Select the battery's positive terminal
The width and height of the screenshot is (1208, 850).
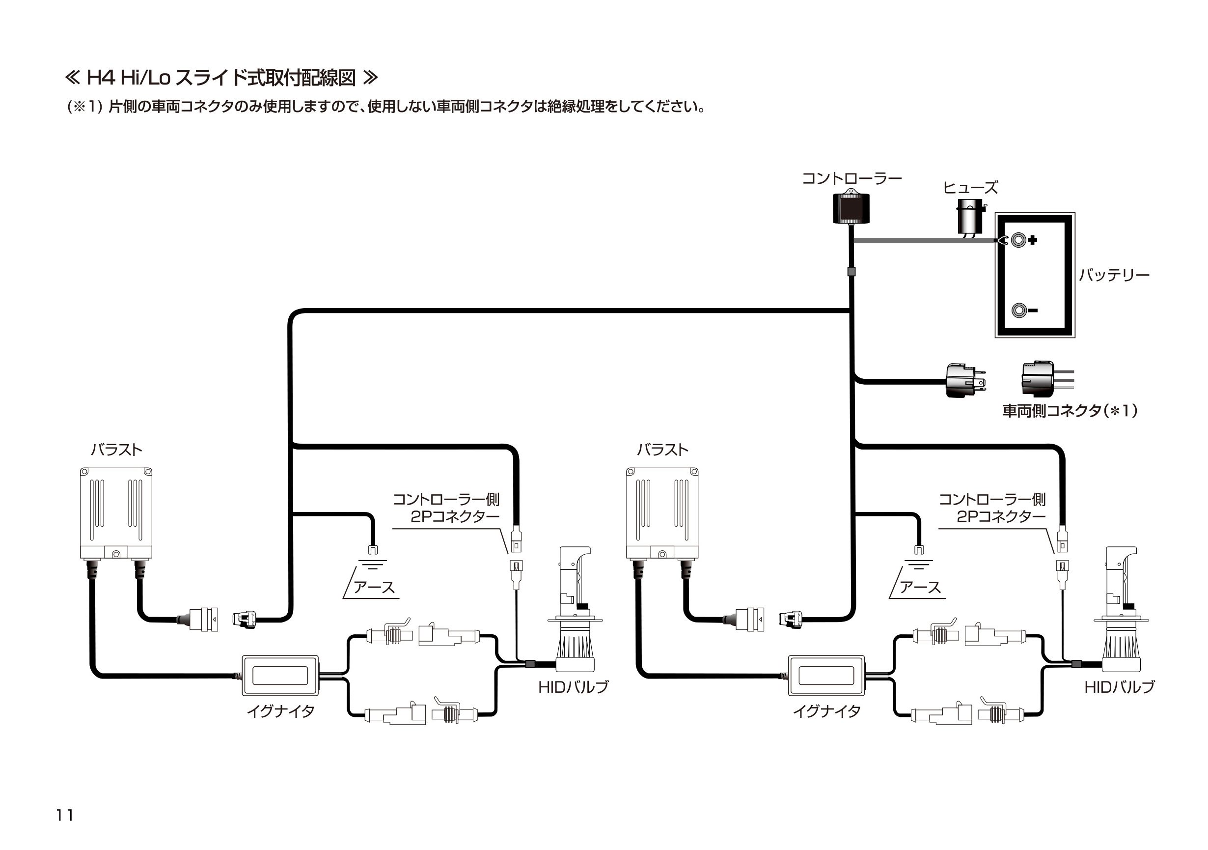coord(1018,240)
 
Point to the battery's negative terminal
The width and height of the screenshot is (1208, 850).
coord(1019,310)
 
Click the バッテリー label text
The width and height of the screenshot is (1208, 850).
coord(1114,275)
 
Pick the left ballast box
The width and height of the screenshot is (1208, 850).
coord(116,513)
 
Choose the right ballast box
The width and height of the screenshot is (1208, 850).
coord(662,513)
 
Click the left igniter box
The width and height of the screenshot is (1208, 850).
coord(280,675)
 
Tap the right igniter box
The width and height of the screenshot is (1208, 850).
coord(826,675)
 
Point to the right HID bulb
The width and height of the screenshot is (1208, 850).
coord(1124,611)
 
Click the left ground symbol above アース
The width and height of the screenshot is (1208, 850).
coord(373,563)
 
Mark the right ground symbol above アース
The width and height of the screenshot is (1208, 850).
coord(919,563)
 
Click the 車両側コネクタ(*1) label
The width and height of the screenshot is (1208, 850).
coord(1070,411)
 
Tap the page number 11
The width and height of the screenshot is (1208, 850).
coord(65,815)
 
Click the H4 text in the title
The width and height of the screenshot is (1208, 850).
coord(100,79)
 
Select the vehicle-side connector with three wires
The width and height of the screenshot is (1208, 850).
coord(1039,378)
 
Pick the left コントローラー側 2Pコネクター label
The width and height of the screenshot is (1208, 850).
coord(446,508)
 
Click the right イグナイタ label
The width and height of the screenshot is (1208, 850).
coord(826,711)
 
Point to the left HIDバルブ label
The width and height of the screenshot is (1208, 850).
coord(574,687)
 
